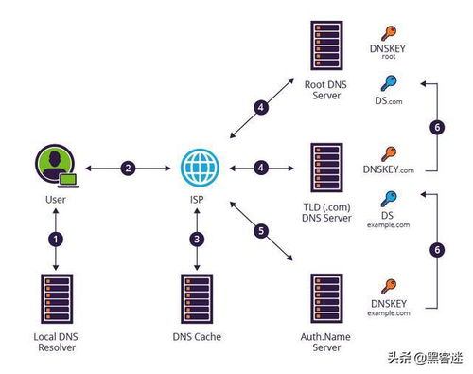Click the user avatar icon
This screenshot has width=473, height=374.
click(56, 164)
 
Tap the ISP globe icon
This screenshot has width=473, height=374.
click(200, 168)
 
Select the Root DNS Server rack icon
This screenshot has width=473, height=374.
click(326, 45)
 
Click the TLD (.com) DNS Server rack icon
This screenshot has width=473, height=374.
click(326, 168)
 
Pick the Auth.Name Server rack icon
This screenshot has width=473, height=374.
click(326, 298)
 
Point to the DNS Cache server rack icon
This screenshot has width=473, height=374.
click(197, 298)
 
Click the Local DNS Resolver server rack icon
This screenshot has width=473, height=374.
click(57, 298)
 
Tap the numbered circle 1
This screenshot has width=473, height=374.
click(56, 240)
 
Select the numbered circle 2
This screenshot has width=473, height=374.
click(128, 168)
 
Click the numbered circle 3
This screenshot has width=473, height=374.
click(197, 240)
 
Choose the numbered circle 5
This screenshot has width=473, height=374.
click(261, 231)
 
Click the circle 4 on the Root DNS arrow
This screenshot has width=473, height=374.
click(261, 107)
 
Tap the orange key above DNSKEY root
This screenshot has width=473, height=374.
click(389, 33)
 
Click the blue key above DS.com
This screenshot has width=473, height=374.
click(389, 83)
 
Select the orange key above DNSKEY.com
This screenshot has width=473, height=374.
click(389, 154)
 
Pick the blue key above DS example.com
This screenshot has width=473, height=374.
click(389, 199)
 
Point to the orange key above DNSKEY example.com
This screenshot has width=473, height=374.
click(389, 287)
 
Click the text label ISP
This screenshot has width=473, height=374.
click(197, 200)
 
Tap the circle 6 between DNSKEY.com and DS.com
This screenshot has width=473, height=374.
click(437, 128)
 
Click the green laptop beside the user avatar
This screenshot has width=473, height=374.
click(68, 180)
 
